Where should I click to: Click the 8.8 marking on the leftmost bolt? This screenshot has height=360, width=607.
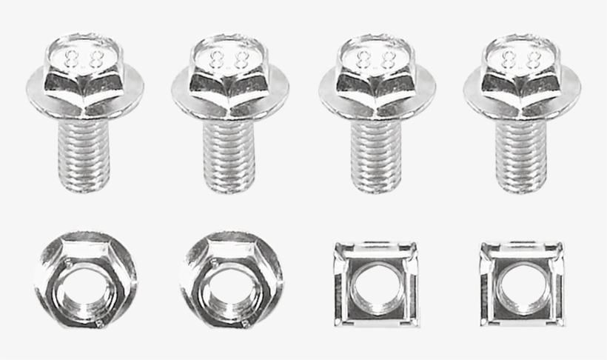coord(84,58)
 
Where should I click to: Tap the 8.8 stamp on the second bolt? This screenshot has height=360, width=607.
coord(228,58)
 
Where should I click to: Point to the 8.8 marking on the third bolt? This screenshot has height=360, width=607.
coord(375,58)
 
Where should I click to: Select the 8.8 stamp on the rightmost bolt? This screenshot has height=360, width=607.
coord(519,58)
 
